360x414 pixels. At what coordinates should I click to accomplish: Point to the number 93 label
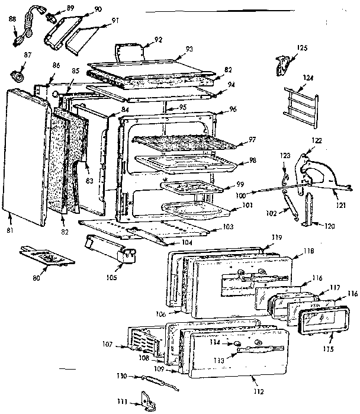pyautogui.click(x=190, y=49)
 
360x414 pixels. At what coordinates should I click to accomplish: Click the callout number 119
pyautogui.click(x=275, y=237)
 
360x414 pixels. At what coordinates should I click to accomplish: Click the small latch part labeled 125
pyautogui.click(x=284, y=64)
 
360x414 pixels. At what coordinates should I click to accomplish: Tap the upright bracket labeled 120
pyautogui.click(x=307, y=210)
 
